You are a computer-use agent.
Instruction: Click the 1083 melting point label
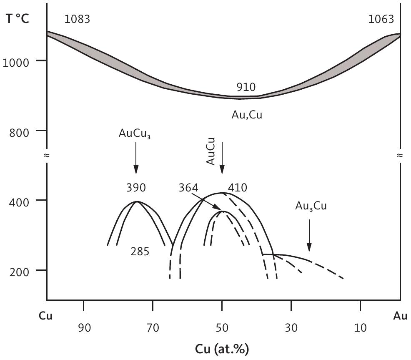point(78,19)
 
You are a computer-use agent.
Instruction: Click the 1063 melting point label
point(381,19)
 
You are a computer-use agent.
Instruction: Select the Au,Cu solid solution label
point(247,115)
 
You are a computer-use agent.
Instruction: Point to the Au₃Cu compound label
point(311,206)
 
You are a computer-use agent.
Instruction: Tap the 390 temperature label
point(136,188)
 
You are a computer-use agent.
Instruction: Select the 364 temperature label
point(188,188)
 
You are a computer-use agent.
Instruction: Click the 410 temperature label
point(238,188)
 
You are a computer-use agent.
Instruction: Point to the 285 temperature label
point(140,252)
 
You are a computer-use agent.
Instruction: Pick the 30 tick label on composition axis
point(291,328)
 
